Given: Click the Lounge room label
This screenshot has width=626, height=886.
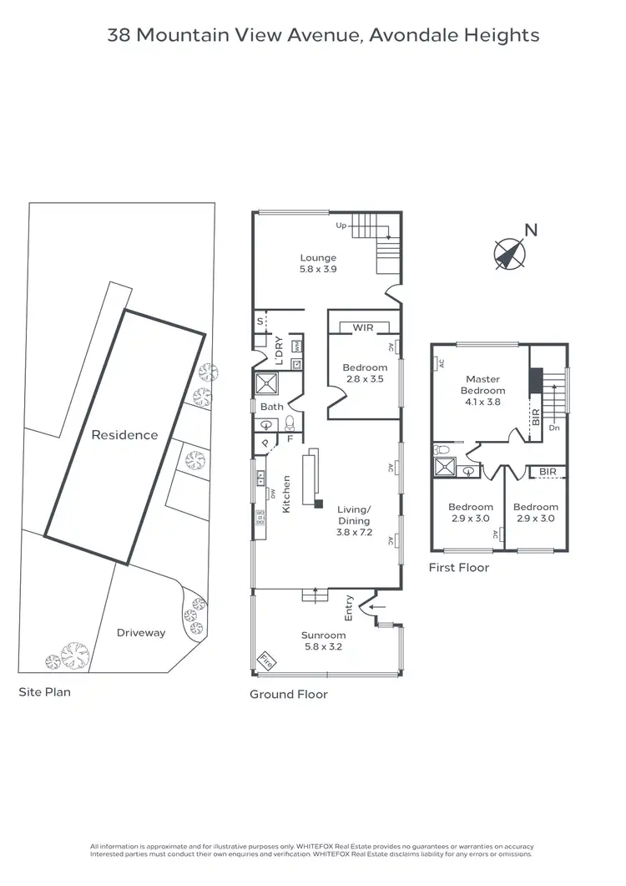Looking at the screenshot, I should (318, 258).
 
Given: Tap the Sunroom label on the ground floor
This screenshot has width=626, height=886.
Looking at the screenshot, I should (321, 635).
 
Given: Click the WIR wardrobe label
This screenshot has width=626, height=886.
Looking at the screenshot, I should (362, 327).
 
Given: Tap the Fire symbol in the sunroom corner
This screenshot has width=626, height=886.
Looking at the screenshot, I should (265, 660).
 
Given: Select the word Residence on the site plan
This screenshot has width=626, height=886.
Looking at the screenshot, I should (124, 434).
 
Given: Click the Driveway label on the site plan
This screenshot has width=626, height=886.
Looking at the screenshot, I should (141, 632).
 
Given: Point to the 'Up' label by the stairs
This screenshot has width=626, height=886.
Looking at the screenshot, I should (341, 225).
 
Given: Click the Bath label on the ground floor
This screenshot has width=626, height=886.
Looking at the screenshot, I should (272, 407).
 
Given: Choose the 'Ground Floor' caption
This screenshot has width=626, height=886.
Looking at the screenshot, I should (289, 694).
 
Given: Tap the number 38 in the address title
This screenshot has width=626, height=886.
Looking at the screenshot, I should (119, 35).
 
